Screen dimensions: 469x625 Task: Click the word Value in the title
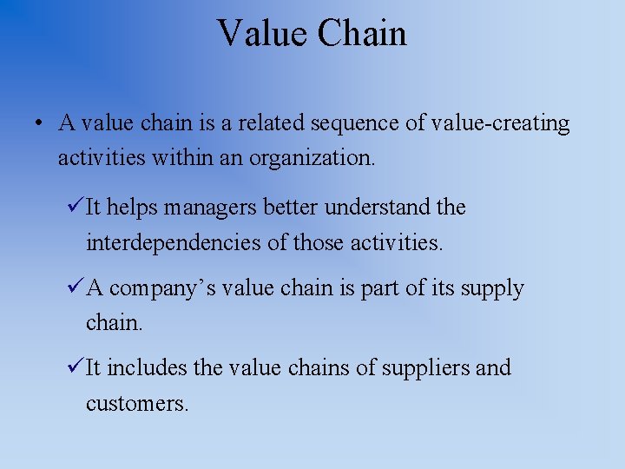point(261,34)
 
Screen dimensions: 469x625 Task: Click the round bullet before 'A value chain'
point(41,124)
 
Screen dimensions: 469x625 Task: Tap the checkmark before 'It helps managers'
point(75,207)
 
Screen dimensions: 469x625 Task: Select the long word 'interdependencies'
point(174,242)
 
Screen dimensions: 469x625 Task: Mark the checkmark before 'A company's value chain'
point(75,287)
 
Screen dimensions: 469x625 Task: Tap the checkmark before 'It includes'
point(75,367)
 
